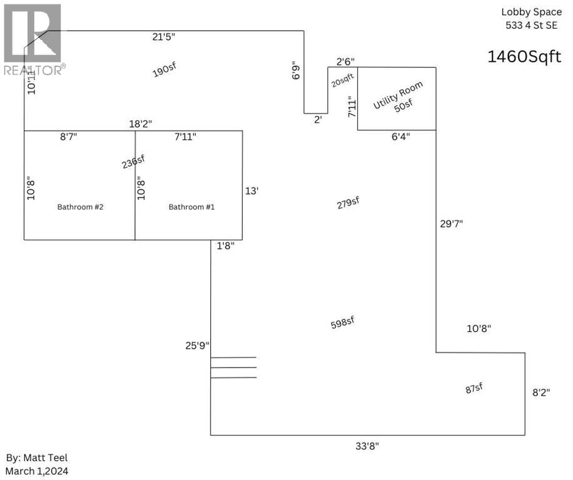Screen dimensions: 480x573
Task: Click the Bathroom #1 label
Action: click(191, 207)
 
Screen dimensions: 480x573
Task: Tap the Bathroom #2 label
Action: click(80, 207)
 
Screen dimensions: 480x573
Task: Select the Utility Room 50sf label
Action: click(398, 97)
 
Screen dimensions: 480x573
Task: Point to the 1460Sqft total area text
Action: click(525, 57)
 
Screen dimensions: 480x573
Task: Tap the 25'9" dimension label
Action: click(197, 344)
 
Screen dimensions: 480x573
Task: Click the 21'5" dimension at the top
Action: click(164, 37)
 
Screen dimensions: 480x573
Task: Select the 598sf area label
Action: click(342, 322)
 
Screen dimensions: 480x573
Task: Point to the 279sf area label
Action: click(347, 204)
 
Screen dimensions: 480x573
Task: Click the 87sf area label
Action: click(474, 388)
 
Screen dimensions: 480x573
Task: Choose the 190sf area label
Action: click(164, 71)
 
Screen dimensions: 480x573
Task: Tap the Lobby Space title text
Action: click(532, 12)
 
